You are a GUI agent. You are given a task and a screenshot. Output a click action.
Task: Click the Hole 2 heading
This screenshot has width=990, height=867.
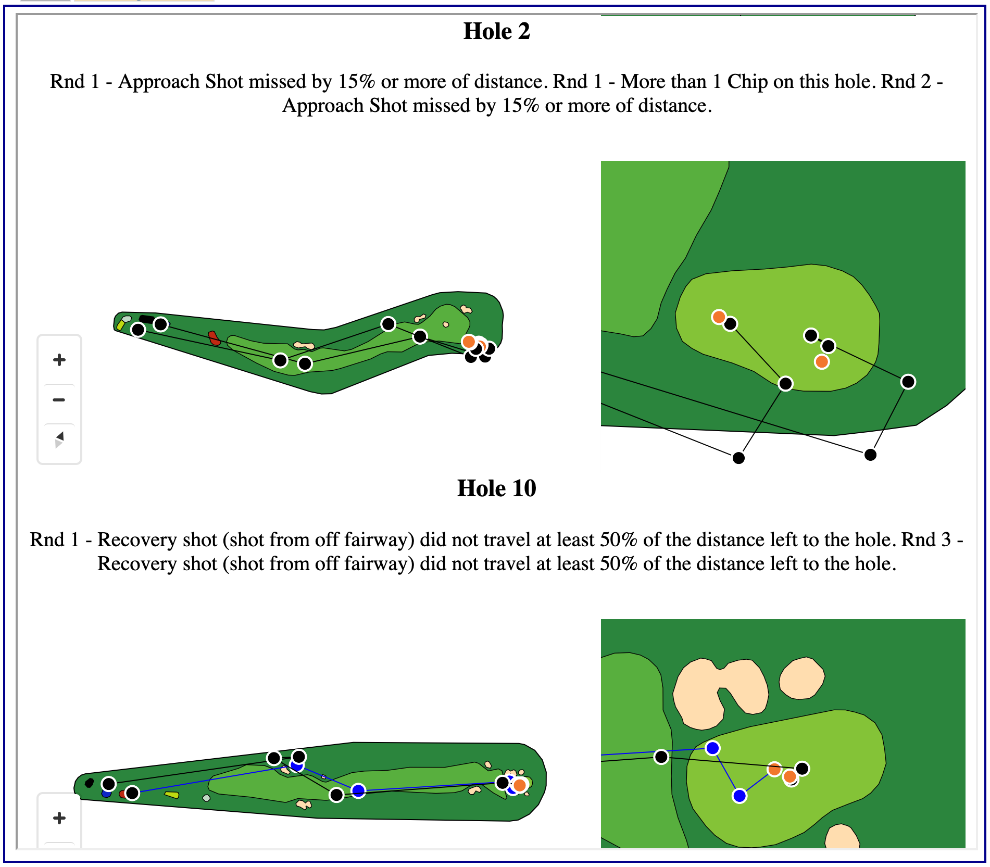tap(496, 31)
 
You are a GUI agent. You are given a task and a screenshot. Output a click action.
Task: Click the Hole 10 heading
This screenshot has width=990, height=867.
tap(496, 488)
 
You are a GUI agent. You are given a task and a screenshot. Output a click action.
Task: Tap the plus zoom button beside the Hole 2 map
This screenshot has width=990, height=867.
tap(59, 360)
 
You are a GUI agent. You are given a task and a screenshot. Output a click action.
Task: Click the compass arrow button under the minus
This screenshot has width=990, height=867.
tap(59, 439)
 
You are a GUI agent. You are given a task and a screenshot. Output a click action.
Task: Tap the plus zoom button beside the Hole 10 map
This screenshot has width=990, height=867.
tap(59, 818)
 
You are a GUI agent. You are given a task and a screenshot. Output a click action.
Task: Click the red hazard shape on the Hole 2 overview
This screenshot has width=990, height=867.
tap(214, 338)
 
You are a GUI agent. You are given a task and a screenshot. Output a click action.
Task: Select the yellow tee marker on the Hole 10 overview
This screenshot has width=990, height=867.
tap(172, 795)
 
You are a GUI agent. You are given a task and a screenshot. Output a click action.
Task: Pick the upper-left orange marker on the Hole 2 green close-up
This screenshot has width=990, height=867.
tap(719, 317)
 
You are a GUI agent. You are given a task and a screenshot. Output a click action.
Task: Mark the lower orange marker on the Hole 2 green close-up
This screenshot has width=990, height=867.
tap(821, 361)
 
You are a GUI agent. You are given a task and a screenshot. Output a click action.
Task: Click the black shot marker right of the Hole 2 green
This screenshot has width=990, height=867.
tap(908, 382)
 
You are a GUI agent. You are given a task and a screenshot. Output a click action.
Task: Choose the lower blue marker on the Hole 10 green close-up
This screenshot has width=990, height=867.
tap(739, 796)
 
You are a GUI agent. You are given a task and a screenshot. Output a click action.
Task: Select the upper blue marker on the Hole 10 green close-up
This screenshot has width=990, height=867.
tap(712, 748)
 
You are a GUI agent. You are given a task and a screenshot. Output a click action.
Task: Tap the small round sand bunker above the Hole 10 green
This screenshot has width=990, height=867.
tap(801, 677)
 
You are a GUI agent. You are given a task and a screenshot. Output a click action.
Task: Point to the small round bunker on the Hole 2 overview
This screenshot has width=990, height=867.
tap(446, 324)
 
